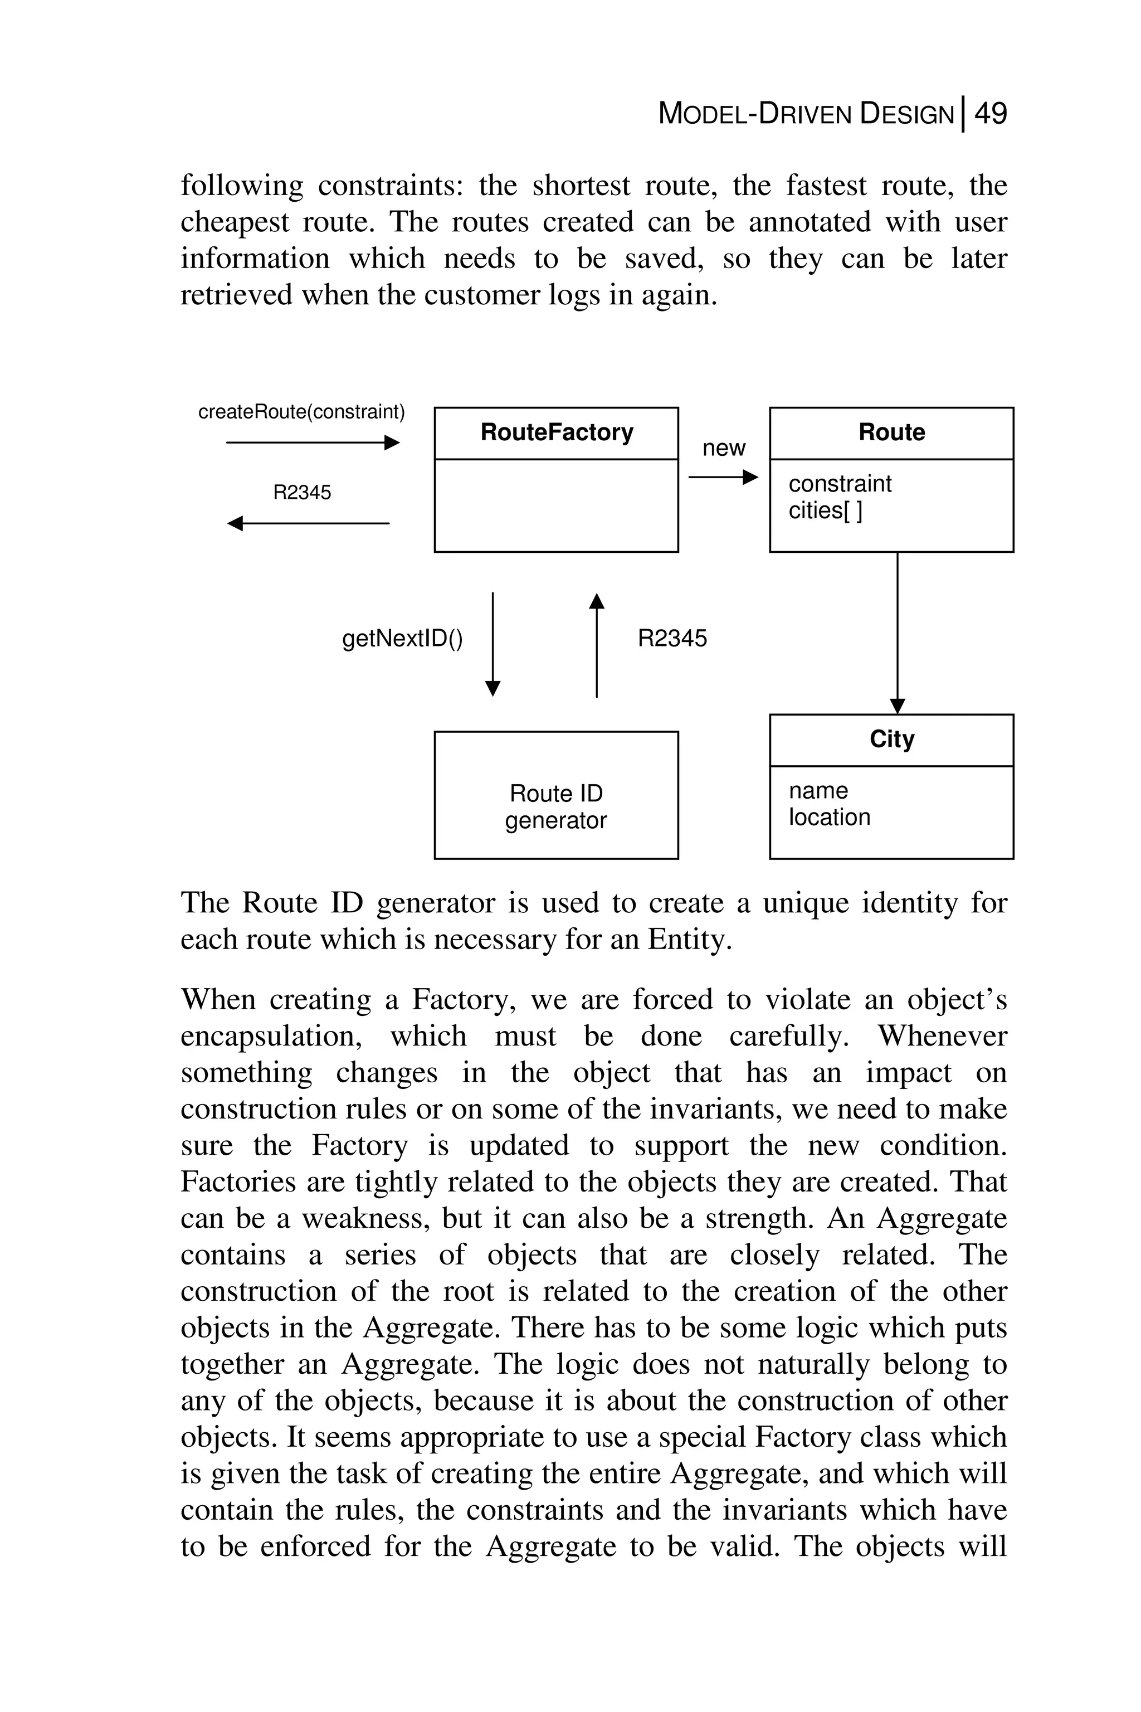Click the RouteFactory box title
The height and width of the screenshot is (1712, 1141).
pyautogui.click(x=557, y=432)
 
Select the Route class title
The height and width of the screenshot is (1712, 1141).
pyautogui.click(x=891, y=432)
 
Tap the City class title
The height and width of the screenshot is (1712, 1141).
pyautogui.click(x=891, y=739)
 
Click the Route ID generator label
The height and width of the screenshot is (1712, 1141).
pyautogui.click(x=556, y=806)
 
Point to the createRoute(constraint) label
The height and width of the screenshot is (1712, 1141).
pyautogui.click(x=301, y=412)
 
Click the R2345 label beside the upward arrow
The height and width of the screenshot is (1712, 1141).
pyautogui.click(x=672, y=638)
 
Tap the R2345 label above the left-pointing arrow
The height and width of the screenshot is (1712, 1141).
pyautogui.click(x=302, y=493)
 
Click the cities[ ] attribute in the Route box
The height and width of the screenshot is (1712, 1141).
pyautogui.click(x=825, y=510)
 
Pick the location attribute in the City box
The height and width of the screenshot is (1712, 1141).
pyautogui.click(x=830, y=818)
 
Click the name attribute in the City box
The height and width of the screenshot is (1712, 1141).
pyautogui.click(x=818, y=790)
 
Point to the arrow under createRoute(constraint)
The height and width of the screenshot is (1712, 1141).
pyautogui.click(x=313, y=442)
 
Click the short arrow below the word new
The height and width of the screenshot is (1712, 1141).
pyautogui.click(x=723, y=478)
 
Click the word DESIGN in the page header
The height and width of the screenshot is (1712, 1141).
pyautogui.click(x=906, y=114)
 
